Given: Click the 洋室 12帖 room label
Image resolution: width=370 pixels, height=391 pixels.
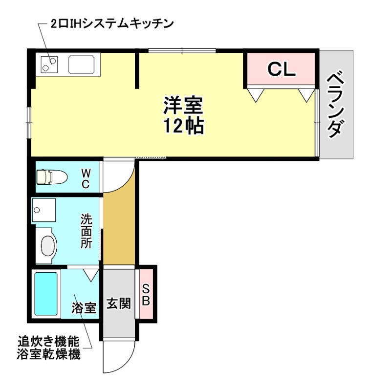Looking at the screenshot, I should (183, 115).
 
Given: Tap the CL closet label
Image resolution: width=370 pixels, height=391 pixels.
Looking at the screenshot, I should (281, 70).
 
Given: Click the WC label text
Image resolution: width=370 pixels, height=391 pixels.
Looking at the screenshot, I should (85, 178).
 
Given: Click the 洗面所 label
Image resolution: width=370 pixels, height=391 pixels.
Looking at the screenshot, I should (87, 231).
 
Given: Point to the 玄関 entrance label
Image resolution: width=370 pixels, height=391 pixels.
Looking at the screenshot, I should (118, 304).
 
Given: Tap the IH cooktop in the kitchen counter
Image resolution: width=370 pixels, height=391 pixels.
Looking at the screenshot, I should (49, 64).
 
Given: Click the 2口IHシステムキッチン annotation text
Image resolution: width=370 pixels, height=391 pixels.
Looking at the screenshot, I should (112, 23).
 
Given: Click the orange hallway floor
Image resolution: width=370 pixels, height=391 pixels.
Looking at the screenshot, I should (119, 230).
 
